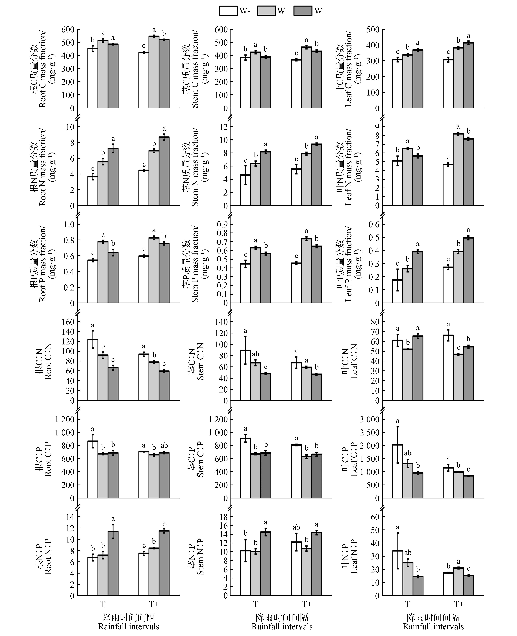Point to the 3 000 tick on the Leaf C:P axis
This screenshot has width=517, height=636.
click(369, 419)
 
